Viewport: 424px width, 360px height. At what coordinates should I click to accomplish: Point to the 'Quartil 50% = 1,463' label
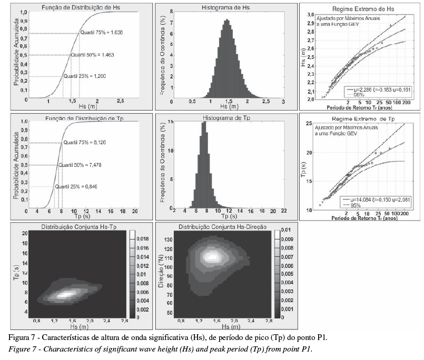click(92, 54)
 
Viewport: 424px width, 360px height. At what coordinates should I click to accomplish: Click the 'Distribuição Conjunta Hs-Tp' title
click(79, 227)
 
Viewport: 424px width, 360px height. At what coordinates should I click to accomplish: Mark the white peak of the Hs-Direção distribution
click(213, 257)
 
